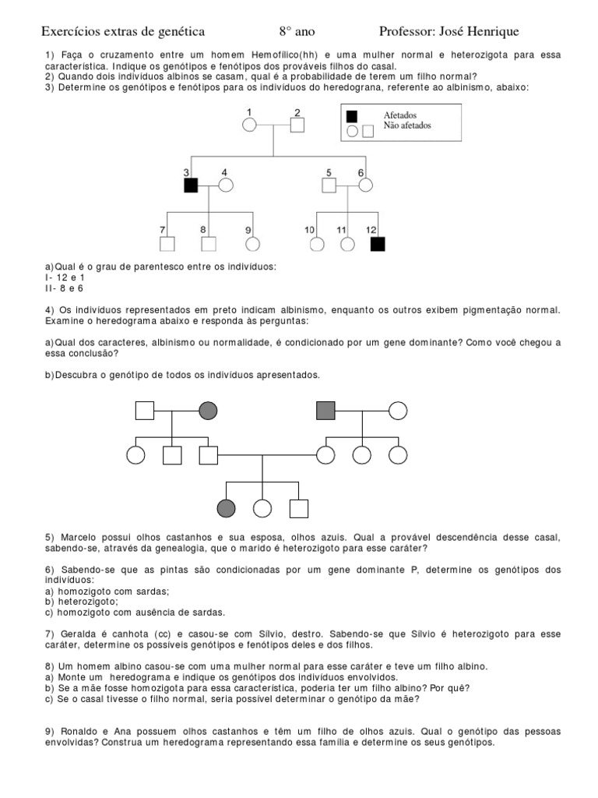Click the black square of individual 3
[x=191, y=185]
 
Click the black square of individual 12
[x=378, y=243]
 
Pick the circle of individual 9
[x=252, y=243]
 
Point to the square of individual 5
[x=329, y=185]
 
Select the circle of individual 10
[x=316, y=243]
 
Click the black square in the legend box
[x=352, y=116]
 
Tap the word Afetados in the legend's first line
[x=400, y=115]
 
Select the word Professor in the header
[x=408, y=32]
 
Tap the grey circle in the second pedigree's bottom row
[x=226, y=509]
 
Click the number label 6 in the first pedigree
[x=361, y=172]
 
